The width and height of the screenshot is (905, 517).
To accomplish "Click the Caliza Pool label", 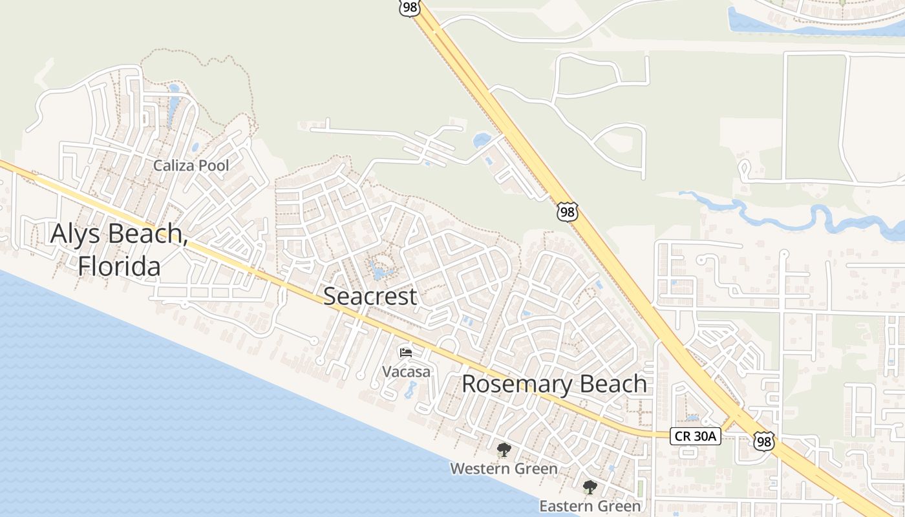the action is click(191, 165).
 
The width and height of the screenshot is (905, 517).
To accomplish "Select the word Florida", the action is click(119, 266).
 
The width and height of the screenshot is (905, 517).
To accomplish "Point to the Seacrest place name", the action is click(370, 297).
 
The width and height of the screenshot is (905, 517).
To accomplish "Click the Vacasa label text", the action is click(406, 372).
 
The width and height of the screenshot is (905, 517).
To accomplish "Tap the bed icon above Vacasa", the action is click(406, 353).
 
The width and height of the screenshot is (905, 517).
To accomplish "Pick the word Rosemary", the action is click(516, 384).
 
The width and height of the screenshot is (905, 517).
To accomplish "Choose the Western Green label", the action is click(504, 469).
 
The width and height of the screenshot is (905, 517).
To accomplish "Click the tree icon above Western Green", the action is click(504, 450).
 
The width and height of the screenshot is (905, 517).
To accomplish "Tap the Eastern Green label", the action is click(590, 506).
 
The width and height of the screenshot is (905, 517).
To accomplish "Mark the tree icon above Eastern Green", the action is click(590, 487).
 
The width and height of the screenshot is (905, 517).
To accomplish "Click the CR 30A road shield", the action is click(695, 436).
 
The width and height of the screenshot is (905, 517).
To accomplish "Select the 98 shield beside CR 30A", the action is click(763, 441).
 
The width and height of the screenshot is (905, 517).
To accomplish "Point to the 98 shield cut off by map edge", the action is click(409, 7).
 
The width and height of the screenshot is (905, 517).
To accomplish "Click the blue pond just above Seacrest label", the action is click(381, 269).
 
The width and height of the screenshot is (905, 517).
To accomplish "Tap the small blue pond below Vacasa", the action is click(411, 390).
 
